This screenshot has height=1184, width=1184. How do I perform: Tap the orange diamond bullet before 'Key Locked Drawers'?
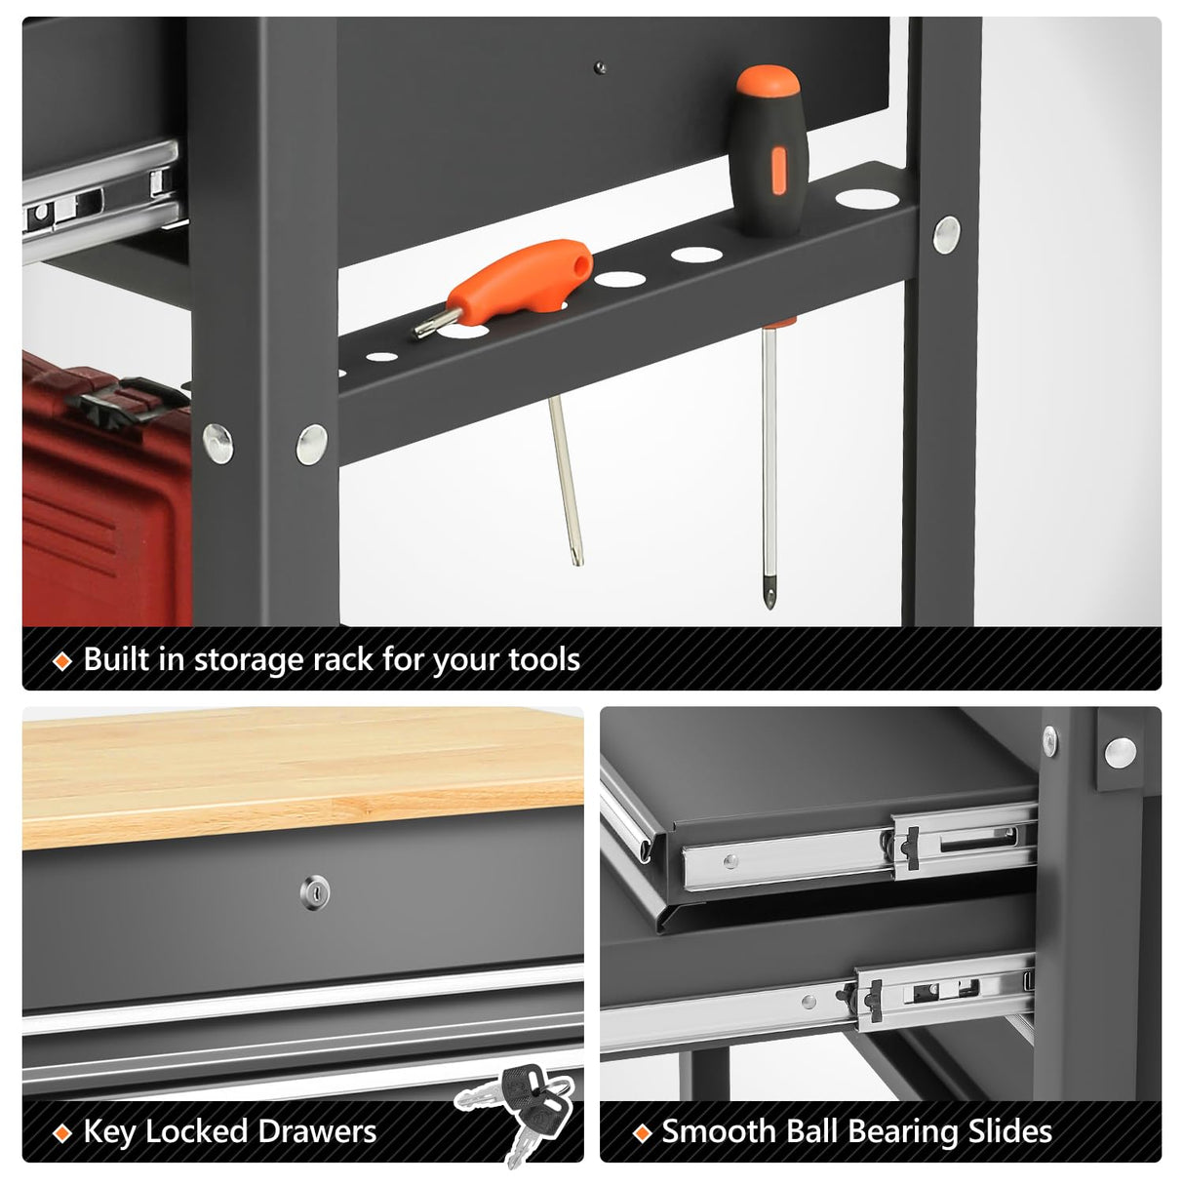tap(62, 1133)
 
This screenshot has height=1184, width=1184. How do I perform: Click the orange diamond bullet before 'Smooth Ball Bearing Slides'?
tap(642, 1133)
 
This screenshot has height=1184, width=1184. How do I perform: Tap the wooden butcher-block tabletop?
tap(302, 770)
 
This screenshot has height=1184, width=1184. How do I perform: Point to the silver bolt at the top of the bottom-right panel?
tap(1120, 750)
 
